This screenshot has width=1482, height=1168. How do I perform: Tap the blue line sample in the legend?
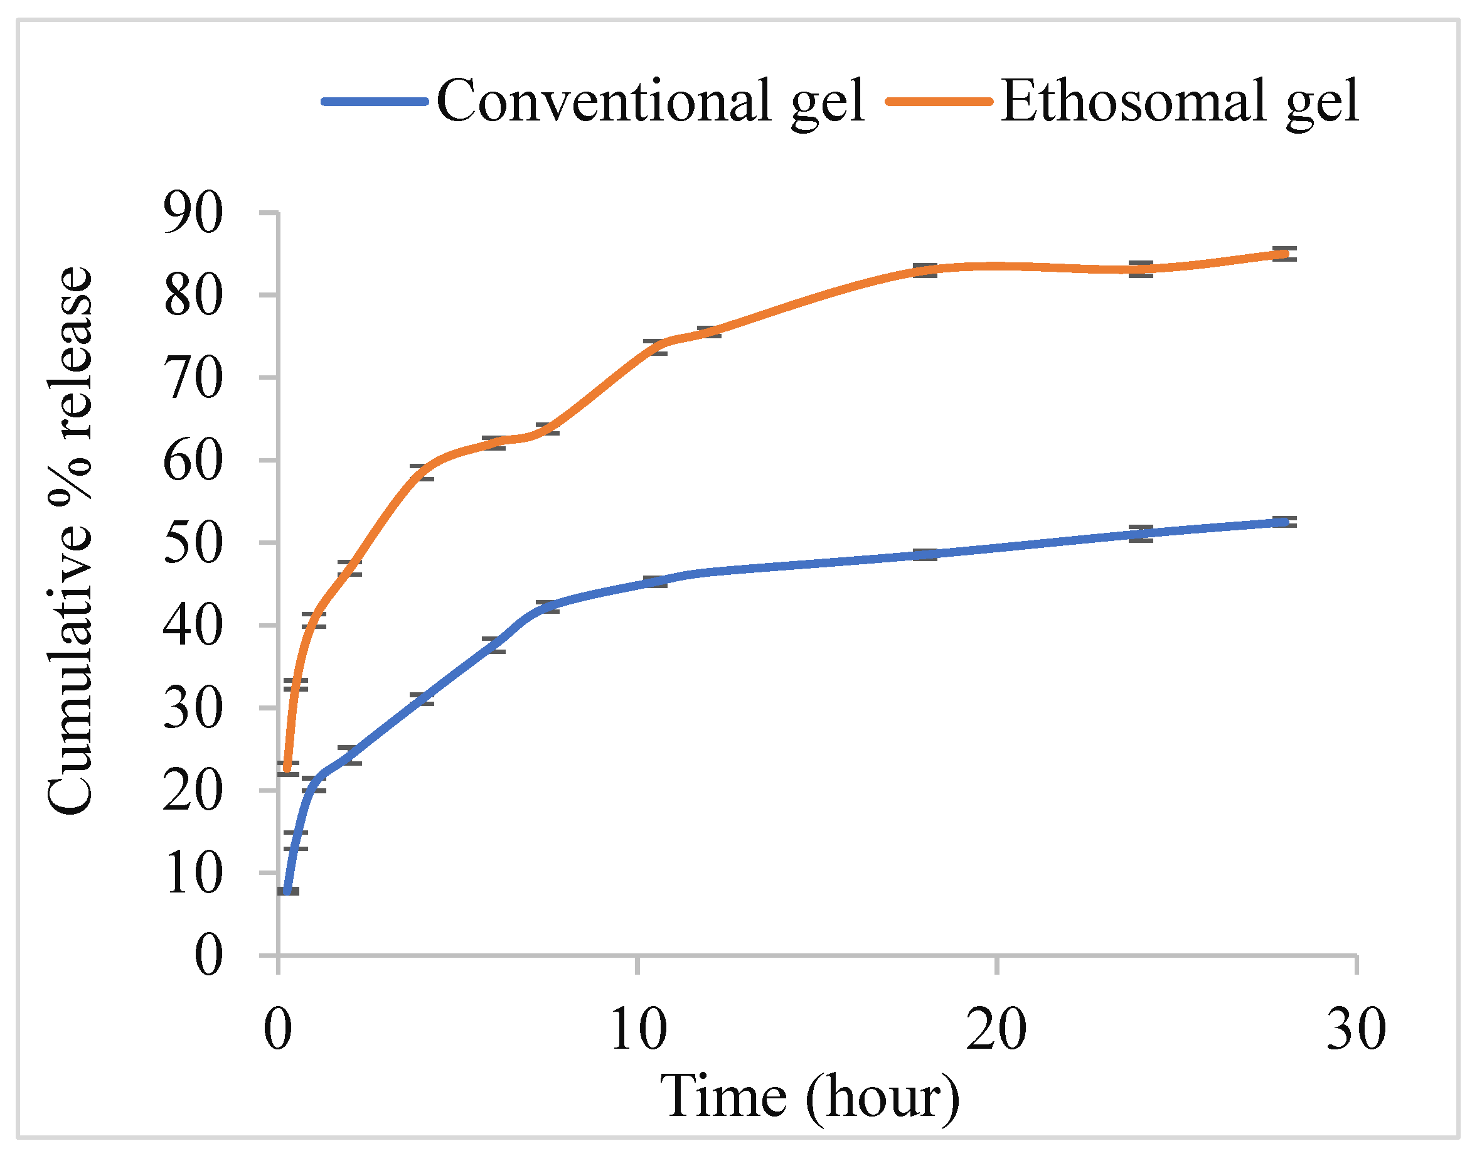point(375,102)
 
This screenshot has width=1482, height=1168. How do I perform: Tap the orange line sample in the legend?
point(939,102)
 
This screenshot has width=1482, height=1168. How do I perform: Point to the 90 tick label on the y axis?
point(193,214)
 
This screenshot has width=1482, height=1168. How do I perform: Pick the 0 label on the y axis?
point(208,956)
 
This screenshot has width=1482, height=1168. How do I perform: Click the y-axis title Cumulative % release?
point(70,540)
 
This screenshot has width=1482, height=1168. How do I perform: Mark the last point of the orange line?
point(1284,254)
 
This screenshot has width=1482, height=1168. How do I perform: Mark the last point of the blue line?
point(1284,522)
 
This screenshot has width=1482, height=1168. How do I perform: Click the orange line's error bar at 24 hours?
point(1141,269)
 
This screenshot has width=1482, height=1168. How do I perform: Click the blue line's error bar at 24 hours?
point(1141,534)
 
